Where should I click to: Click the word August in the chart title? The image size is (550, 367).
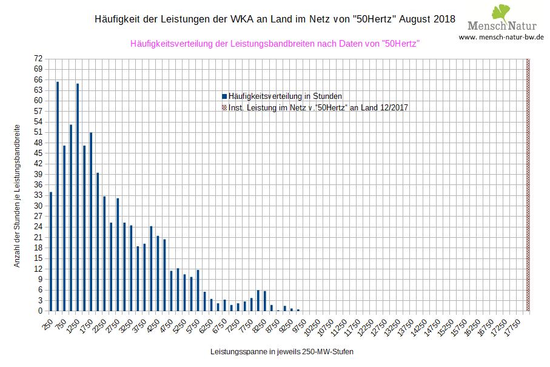[416, 19]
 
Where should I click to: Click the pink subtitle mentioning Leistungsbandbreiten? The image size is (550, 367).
[275, 44]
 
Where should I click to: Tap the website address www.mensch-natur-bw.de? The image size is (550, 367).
[501, 37]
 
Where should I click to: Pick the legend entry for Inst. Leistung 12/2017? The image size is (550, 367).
[318, 107]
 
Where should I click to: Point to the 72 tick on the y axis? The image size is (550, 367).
[38, 59]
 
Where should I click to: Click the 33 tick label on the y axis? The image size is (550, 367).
[38, 195]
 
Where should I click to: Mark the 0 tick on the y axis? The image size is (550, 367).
[40, 311]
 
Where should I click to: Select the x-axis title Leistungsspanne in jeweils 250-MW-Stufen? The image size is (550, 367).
[282, 351]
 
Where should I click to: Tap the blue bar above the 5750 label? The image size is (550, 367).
[198, 291]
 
